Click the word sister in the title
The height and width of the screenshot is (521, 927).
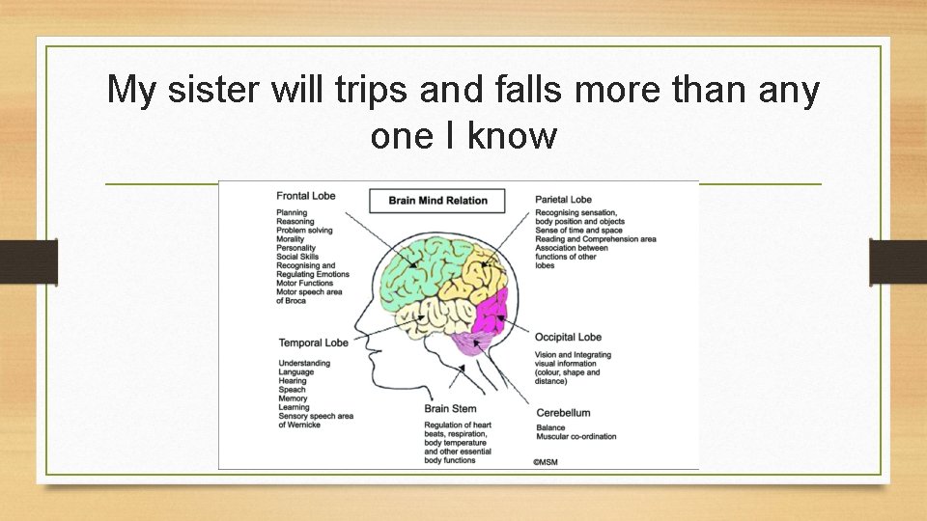pyautogui.click(x=213, y=90)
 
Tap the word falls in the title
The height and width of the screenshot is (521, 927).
pyautogui.click(x=527, y=90)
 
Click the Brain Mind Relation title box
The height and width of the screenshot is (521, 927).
pyautogui.click(x=437, y=201)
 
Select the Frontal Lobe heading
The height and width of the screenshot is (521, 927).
pyautogui.click(x=306, y=196)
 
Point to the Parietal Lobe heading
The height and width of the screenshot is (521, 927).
pyautogui.click(x=563, y=200)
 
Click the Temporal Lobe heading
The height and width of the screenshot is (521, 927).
pyautogui.click(x=313, y=343)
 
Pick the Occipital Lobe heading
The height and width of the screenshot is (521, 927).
pyautogui.click(x=568, y=338)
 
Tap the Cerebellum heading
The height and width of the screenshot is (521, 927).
pyautogui.click(x=563, y=413)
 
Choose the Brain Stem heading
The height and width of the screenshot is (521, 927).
pyautogui.click(x=450, y=409)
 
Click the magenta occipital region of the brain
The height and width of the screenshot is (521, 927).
pyautogui.click(x=491, y=312)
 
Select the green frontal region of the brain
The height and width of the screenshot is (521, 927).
pyautogui.click(x=417, y=272)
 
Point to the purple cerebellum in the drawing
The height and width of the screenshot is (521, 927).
pyautogui.click(x=472, y=343)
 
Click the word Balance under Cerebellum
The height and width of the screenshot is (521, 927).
pyautogui.click(x=550, y=427)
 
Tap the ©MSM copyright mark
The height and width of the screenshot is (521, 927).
pyautogui.click(x=545, y=462)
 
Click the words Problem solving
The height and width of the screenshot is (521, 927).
pyautogui.click(x=304, y=231)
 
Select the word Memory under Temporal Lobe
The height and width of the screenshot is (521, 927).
pyautogui.click(x=293, y=398)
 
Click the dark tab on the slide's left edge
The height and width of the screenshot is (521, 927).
pyautogui.click(x=29, y=262)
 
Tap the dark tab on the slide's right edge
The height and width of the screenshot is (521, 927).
pyautogui.click(x=898, y=262)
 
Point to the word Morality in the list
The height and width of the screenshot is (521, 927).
pyautogui.click(x=291, y=239)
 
